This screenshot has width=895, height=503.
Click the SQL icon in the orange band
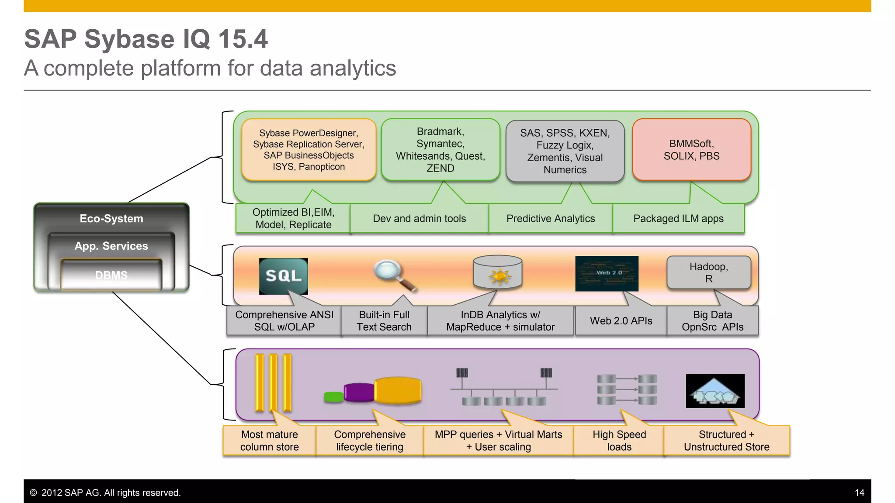pyautogui.click(x=283, y=276)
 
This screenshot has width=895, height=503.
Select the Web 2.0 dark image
pyautogui.click(x=607, y=273)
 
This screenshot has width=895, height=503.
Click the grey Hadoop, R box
pyautogui.click(x=708, y=272)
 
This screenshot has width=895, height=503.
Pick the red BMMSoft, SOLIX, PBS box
pyautogui.click(x=691, y=150)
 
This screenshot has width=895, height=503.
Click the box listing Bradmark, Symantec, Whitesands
pyautogui.click(x=441, y=150)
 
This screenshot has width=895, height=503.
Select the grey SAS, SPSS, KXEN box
pyautogui.click(x=565, y=151)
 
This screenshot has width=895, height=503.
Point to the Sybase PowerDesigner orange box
pyautogui.click(x=309, y=150)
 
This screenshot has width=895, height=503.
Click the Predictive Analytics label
pyautogui.click(x=550, y=218)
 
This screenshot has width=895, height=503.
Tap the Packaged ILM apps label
pyautogui.click(x=678, y=218)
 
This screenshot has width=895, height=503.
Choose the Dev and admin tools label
pyautogui.click(x=419, y=218)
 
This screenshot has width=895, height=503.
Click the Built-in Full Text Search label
pyautogui.click(x=384, y=321)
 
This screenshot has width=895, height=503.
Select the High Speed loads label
pyautogui.click(x=619, y=441)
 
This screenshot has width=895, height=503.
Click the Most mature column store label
pyautogui.click(x=269, y=441)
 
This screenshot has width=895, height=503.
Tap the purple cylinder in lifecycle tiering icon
pyautogui.click(x=359, y=392)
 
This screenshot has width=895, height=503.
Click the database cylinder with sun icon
pyautogui.click(x=498, y=272)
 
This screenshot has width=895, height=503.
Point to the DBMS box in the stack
pyautogui.click(x=111, y=275)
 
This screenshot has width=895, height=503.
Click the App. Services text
pyautogui.click(x=111, y=246)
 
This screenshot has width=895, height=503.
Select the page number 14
pyautogui.click(x=859, y=493)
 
